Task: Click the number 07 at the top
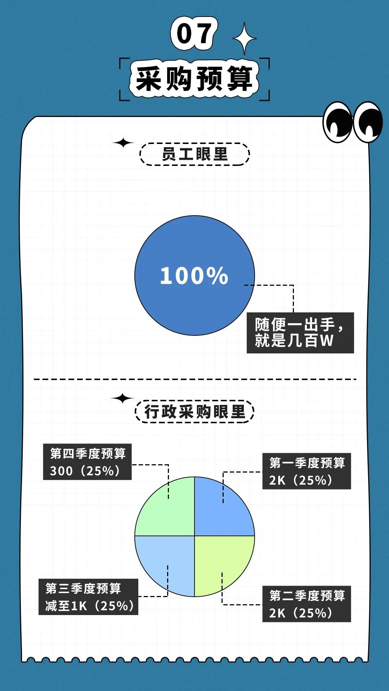[x=194, y=34]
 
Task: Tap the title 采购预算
[x=194, y=78]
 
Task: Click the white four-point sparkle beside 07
[x=245, y=39]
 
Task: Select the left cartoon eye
[x=337, y=122]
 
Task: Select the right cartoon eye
[x=368, y=122]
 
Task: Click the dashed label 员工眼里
[x=194, y=154]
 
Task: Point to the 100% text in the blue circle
[x=194, y=276]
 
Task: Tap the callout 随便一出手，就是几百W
[x=300, y=333]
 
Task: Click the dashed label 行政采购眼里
[x=194, y=411]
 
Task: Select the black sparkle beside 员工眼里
[x=123, y=143]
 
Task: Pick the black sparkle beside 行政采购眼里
[x=122, y=398]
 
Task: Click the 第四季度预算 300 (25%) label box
[x=87, y=462]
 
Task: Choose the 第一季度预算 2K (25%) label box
[x=307, y=471]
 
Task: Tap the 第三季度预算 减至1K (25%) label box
[x=88, y=597]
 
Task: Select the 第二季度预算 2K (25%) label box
[x=307, y=604]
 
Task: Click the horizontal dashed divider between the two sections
[x=194, y=379]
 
